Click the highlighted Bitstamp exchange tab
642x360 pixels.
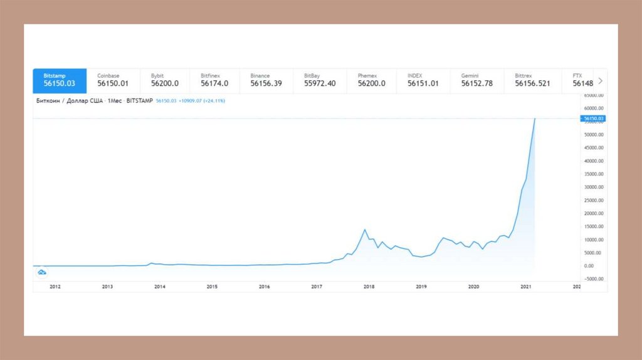[x=60, y=80]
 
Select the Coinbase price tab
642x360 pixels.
[x=113, y=80]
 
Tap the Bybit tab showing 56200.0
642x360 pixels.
[x=165, y=80]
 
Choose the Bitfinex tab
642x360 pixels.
[x=214, y=80]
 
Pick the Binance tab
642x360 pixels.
[x=266, y=80]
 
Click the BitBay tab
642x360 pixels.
[x=320, y=80]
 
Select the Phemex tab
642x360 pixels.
[x=372, y=80]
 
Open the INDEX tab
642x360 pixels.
[x=423, y=80]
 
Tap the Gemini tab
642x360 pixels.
[x=476, y=80]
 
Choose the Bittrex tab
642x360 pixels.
[x=532, y=80]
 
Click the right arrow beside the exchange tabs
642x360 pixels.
[x=600, y=81]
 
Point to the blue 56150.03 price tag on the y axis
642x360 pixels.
[x=592, y=119]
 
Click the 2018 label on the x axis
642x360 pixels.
[x=369, y=287]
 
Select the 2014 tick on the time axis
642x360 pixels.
[x=160, y=287]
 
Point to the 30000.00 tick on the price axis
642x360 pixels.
[x=594, y=187]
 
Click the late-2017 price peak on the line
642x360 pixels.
[x=365, y=230]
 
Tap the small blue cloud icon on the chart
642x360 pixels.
[x=42, y=272]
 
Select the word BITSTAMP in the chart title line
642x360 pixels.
[x=139, y=100]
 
